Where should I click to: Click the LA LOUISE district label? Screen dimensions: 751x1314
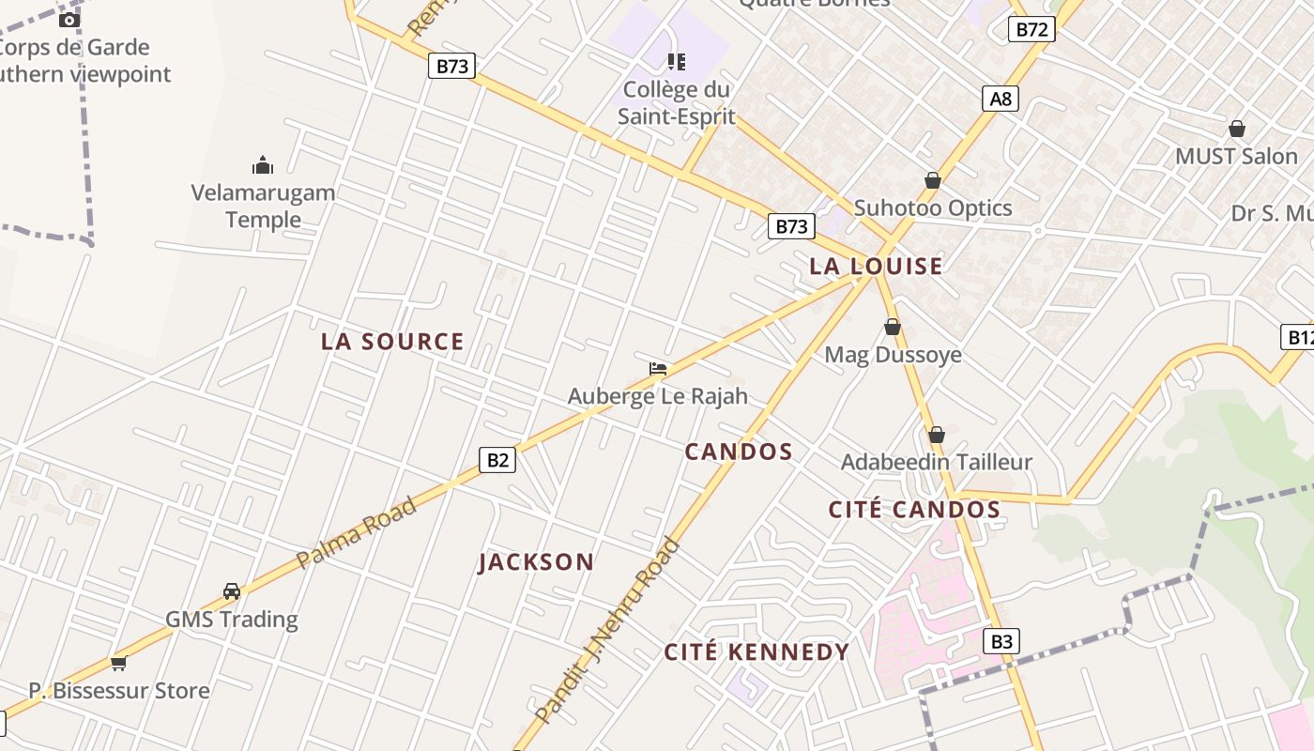pyautogui.click(x=876, y=267)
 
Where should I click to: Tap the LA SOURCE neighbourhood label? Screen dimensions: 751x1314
pyautogui.click(x=392, y=342)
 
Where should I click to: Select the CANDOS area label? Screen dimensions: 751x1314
pyautogui.click(x=739, y=452)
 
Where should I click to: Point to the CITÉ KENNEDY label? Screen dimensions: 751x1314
pyautogui.click(x=756, y=652)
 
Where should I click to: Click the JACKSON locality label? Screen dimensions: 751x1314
pyautogui.click(x=536, y=562)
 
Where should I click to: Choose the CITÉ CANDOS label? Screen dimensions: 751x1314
pyautogui.click(x=914, y=510)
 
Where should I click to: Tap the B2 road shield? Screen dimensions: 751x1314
pyautogui.click(x=497, y=460)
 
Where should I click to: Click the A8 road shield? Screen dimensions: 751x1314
pyautogui.click(x=1001, y=99)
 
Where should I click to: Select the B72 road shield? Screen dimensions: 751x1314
pyautogui.click(x=1031, y=29)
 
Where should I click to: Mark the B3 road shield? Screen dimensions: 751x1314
pyautogui.click(x=1002, y=641)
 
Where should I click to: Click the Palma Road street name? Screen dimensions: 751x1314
pyautogui.click(x=356, y=533)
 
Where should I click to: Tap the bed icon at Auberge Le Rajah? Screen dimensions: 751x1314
pyautogui.click(x=658, y=369)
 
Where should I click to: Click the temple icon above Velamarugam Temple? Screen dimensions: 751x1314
pyautogui.click(x=263, y=166)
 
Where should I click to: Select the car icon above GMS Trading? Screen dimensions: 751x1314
pyautogui.click(x=232, y=591)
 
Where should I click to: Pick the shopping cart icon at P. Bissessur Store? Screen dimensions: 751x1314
pyautogui.click(x=118, y=664)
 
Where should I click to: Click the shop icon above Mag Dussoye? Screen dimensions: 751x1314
pyautogui.click(x=893, y=328)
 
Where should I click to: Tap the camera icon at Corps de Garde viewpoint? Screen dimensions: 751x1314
pyautogui.click(x=69, y=20)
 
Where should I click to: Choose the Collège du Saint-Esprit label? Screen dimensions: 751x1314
pyautogui.click(x=676, y=103)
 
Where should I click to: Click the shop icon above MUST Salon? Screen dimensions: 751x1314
pyautogui.click(x=1237, y=130)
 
